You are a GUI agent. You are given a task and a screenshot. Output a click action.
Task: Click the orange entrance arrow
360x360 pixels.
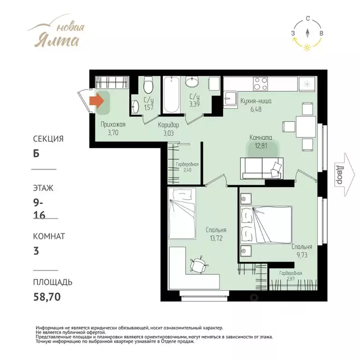[x=97, y=101]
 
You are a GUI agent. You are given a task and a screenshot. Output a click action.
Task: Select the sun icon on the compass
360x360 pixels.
[x=307, y=47]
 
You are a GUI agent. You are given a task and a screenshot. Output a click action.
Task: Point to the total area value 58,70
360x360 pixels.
[x=47, y=297]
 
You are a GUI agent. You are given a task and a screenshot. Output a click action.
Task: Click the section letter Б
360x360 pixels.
[x=36, y=153]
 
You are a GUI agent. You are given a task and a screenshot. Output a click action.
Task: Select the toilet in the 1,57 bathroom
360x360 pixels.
[x=148, y=85]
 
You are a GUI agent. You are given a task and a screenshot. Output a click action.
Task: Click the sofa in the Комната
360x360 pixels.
[x=262, y=168]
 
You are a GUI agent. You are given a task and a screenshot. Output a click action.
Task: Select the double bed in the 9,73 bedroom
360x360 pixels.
[x=266, y=225]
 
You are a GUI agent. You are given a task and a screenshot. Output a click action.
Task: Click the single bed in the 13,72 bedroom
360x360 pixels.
[x=182, y=214]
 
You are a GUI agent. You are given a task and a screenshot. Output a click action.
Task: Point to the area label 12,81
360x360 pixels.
[x=261, y=146]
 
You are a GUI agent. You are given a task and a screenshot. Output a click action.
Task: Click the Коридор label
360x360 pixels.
[x=168, y=125]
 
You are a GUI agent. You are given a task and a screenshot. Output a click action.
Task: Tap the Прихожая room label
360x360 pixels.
[x=113, y=124]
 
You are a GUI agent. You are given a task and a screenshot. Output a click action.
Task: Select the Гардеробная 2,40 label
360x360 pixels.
[x=187, y=167]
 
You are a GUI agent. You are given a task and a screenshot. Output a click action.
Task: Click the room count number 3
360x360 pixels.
[x=36, y=251]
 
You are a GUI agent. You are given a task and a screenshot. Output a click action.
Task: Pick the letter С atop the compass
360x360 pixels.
[x=308, y=19]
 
